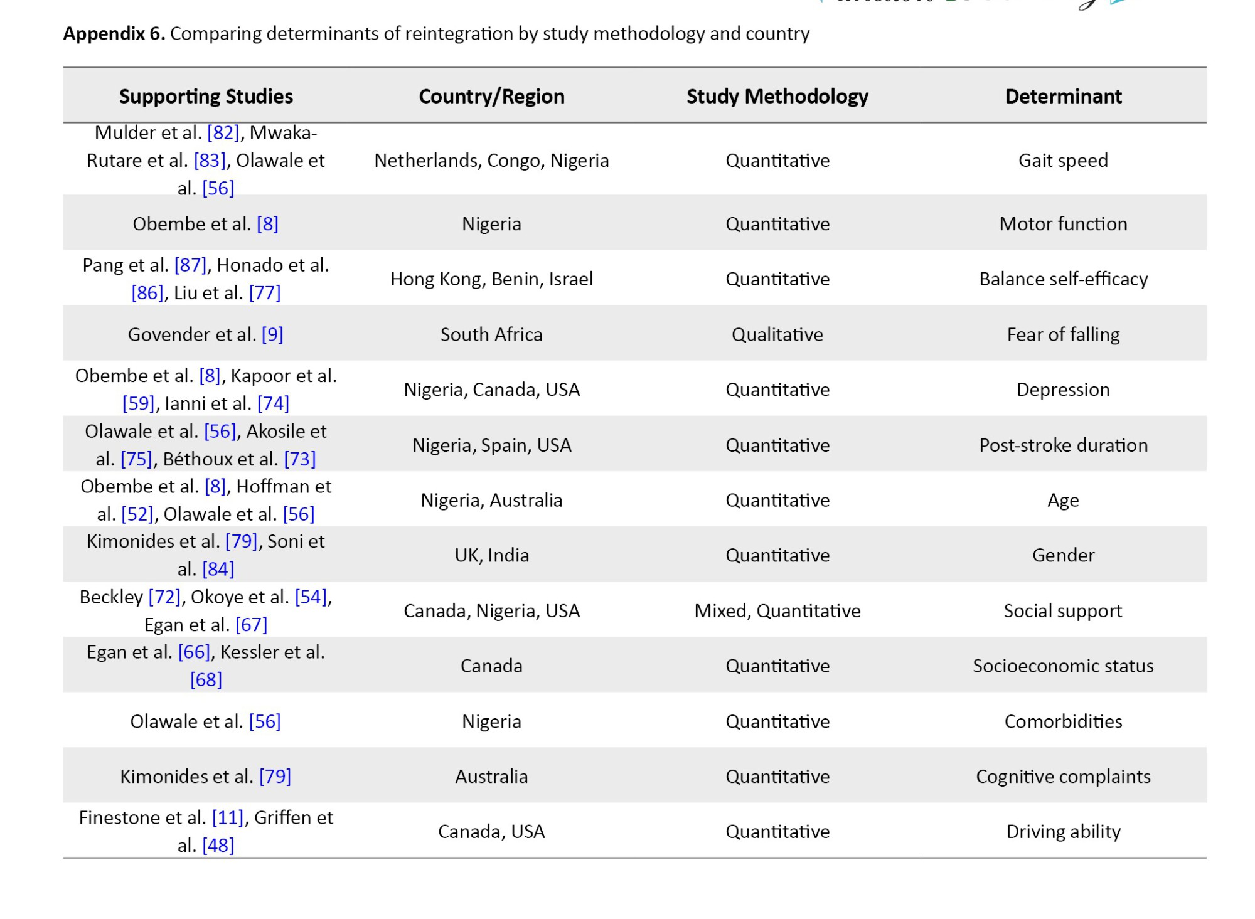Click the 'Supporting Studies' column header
(x=206, y=96)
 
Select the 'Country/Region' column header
(x=491, y=96)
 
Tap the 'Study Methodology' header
(x=777, y=96)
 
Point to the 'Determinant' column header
(x=1063, y=96)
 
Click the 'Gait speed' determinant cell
(x=1063, y=161)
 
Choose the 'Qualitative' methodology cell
(x=777, y=334)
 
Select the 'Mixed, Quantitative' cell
(x=777, y=611)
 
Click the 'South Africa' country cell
(x=491, y=334)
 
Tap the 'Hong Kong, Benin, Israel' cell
(x=491, y=279)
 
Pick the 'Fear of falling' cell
(x=1063, y=334)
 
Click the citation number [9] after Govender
(x=272, y=334)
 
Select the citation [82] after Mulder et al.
(x=223, y=133)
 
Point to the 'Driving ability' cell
(x=1063, y=832)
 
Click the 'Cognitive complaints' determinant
(x=1063, y=777)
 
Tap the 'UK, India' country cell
(x=491, y=556)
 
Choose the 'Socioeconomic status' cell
(x=1063, y=666)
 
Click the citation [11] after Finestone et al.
(x=228, y=818)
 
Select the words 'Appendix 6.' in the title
(x=114, y=33)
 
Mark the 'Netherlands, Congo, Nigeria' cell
(x=491, y=161)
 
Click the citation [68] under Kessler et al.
(x=206, y=680)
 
